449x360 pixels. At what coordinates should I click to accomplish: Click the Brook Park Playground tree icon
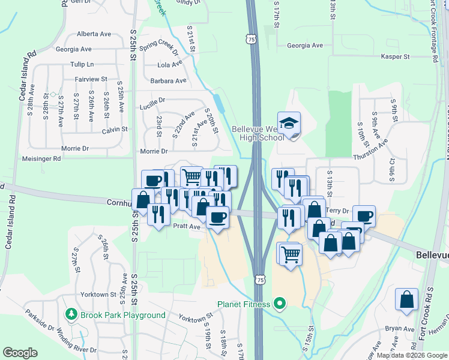point(71,314)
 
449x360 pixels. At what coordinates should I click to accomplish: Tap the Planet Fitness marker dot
point(278,304)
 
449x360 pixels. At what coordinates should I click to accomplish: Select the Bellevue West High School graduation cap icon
point(289,124)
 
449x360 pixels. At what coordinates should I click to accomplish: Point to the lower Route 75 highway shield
point(259,280)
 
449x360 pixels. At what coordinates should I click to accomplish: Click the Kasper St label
point(395,56)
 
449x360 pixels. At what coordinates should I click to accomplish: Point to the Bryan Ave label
point(400,329)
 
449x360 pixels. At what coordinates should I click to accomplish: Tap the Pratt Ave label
point(186,227)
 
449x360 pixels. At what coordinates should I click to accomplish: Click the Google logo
point(20,353)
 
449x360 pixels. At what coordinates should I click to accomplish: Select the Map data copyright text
point(412,355)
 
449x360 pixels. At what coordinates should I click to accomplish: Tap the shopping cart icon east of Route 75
point(291,254)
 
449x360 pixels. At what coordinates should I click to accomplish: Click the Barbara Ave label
point(168,80)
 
